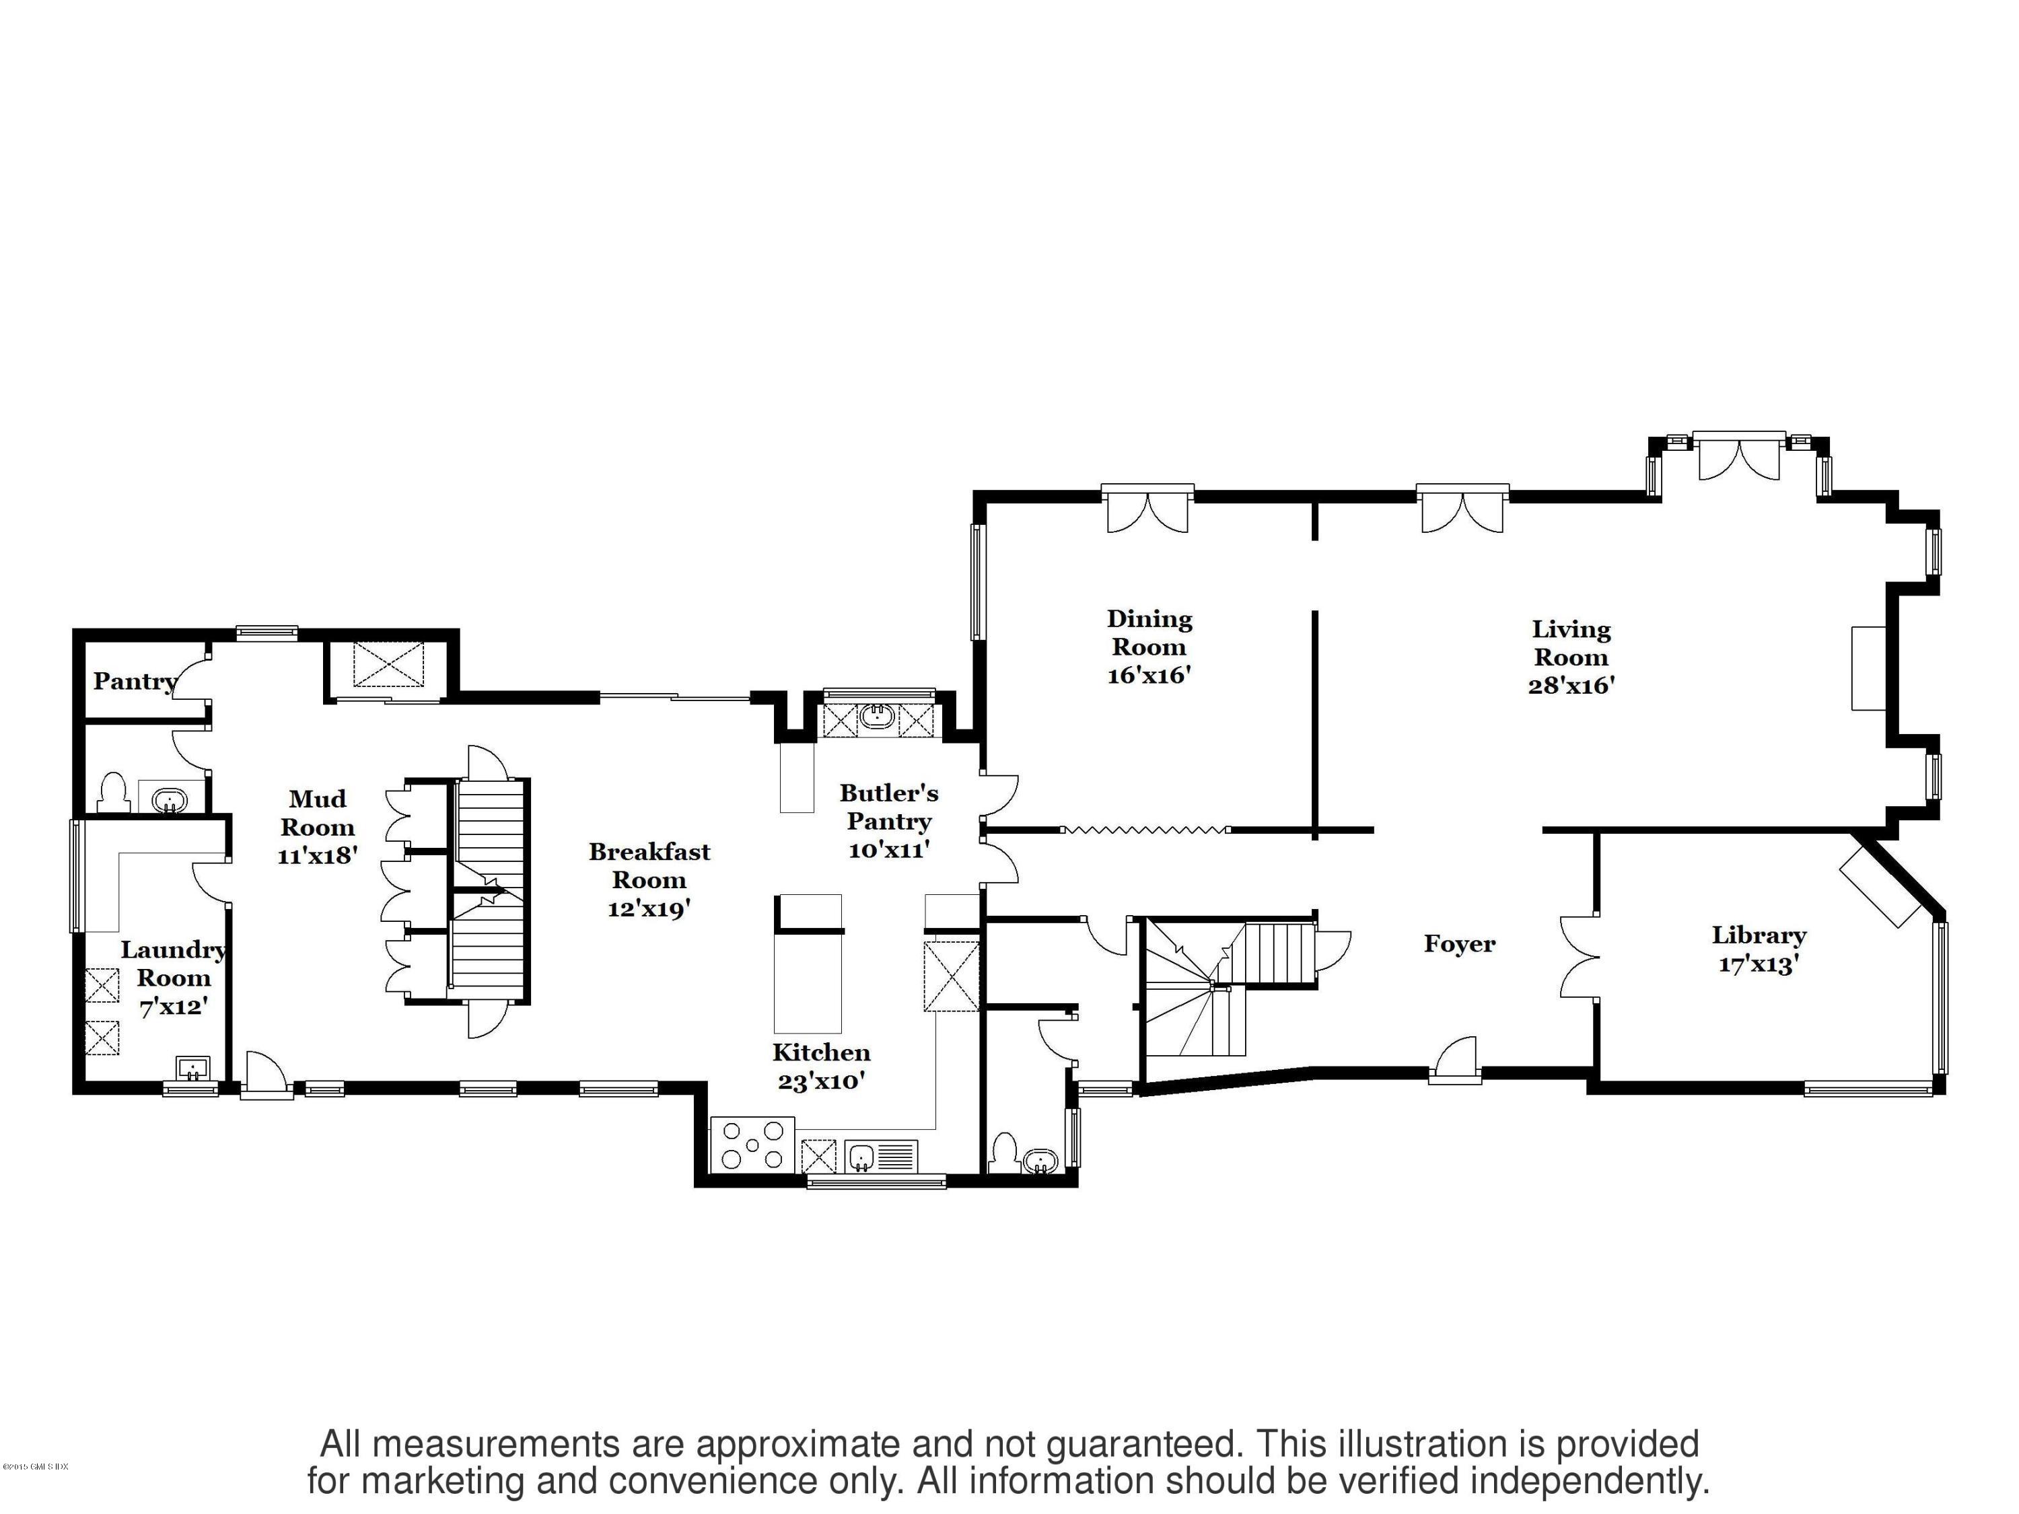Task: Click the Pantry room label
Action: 134,681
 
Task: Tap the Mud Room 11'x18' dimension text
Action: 317,856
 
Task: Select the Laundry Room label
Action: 174,964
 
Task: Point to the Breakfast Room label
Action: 649,865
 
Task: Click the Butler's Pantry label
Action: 888,807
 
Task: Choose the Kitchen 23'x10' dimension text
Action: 820,1081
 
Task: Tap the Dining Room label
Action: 1149,633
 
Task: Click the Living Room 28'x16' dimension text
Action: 1571,686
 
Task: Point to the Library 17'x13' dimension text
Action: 1758,965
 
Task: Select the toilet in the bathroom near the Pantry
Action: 112,792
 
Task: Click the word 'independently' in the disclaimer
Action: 1584,1480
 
